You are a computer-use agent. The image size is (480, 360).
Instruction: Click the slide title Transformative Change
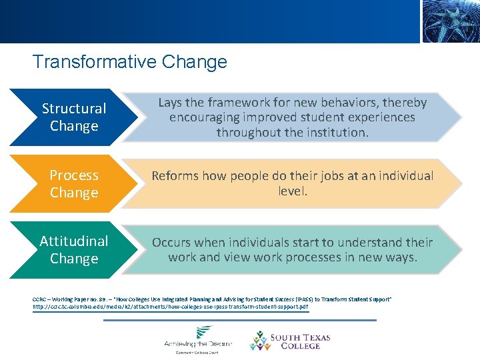tap(130, 62)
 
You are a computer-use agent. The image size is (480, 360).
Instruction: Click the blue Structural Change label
tap(74, 117)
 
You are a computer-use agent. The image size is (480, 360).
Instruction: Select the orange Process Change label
tap(74, 184)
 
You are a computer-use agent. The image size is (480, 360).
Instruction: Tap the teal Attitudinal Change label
tap(74, 249)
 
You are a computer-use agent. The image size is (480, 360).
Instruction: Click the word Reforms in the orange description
tap(177, 176)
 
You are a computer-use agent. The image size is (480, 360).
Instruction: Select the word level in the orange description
tap(292, 191)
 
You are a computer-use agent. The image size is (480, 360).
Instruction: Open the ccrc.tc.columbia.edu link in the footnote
tap(170, 307)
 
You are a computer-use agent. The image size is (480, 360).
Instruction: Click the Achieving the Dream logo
tap(198, 340)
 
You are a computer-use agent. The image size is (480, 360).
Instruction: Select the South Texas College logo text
tap(300, 341)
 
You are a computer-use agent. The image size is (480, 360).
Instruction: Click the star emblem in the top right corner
tap(450, 21)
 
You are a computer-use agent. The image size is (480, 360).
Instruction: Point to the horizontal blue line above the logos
tap(240, 320)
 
